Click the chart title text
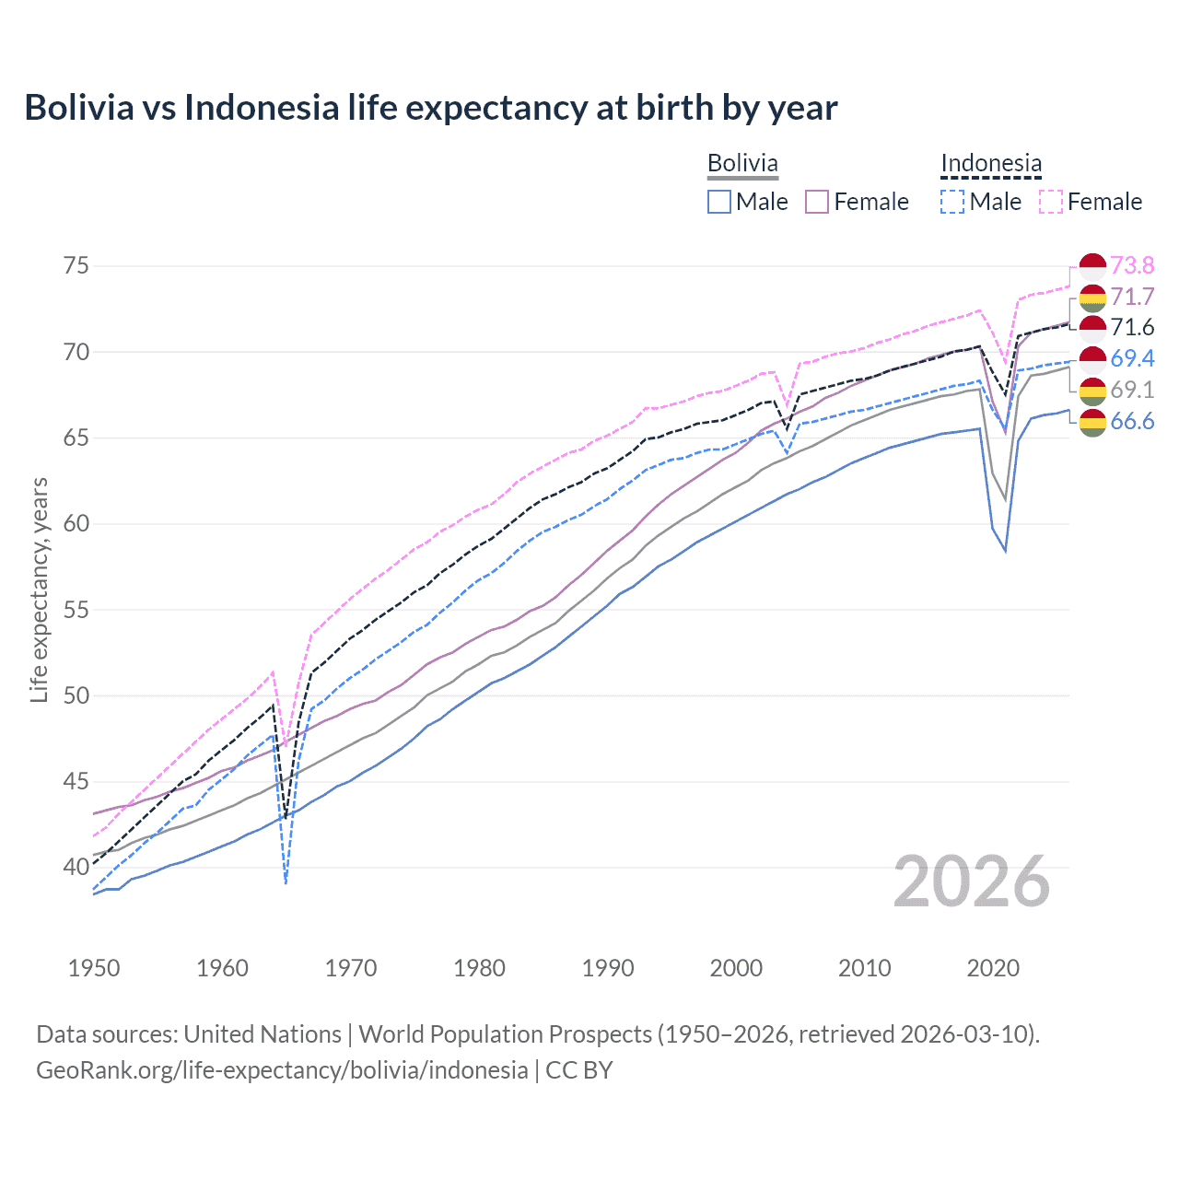coord(430,108)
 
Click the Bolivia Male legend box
coord(719,202)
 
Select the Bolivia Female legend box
coord(817,202)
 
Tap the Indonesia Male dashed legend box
coord(952,202)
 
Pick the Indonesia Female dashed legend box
coord(1050,202)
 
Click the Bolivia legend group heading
coord(742,163)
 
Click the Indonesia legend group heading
coord(991,163)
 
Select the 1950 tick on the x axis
coord(94,968)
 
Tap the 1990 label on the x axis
coord(608,968)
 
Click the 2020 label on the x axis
coord(993,968)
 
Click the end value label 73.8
coord(1132,266)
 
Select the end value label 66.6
coord(1132,422)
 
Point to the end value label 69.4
coord(1132,358)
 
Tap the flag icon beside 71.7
coord(1092,298)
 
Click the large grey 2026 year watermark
coord(971,881)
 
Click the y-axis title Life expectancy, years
coord(40,589)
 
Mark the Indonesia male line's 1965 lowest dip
coord(286,882)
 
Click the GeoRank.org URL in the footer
coord(282,1070)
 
